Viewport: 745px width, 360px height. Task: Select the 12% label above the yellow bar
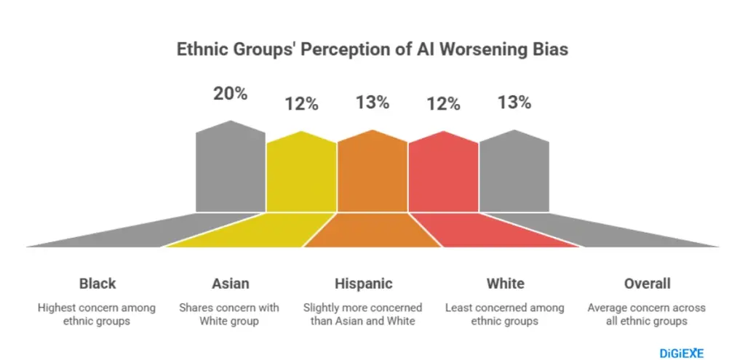(301, 104)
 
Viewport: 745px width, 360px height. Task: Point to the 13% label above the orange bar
(372, 103)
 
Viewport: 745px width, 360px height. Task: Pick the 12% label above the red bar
(443, 104)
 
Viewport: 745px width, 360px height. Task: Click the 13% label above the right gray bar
(514, 103)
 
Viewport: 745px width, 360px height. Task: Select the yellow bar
(301, 175)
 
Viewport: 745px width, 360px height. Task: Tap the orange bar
(372, 175)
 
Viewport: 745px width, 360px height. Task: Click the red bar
(443, 175)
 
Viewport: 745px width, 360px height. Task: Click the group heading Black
(97, 284)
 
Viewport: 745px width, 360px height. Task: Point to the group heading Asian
(229, 284)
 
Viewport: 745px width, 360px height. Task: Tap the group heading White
(505, 284)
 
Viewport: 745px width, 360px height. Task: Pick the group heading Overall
(647, 284)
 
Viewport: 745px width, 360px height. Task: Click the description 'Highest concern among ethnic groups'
(97, 314)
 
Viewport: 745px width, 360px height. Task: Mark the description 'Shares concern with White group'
(229, 314)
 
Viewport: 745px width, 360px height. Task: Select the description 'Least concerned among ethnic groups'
(505, 314)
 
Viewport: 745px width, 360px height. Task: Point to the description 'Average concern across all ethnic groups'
(647, 314)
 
